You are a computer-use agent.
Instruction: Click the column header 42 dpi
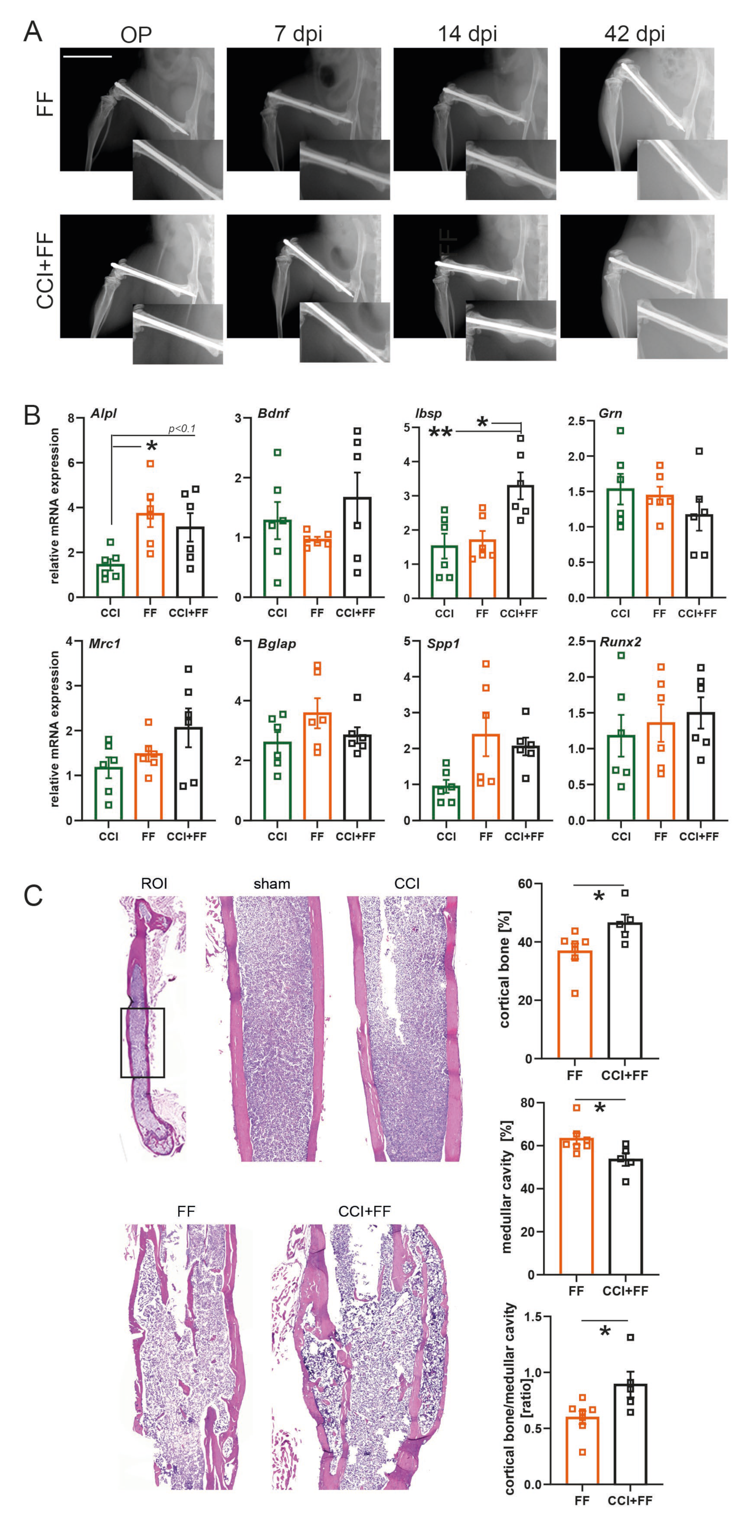coord(634,34)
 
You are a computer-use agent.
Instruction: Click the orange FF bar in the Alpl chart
coord(150,555)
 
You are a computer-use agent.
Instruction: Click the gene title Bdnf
coord(273,413)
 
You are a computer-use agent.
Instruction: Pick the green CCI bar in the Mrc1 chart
coord(109,794)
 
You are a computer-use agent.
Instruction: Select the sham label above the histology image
coord(272,884)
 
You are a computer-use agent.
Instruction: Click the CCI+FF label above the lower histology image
coord(364,1211)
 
